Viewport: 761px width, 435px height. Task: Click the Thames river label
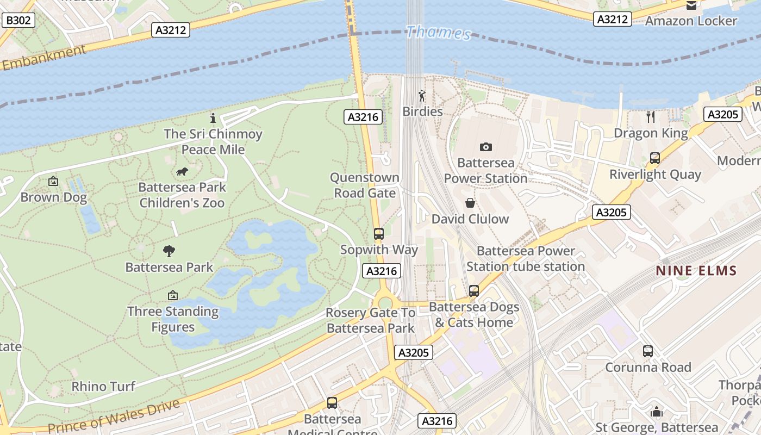click(438, 32)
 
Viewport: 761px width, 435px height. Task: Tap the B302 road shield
click(18, 21)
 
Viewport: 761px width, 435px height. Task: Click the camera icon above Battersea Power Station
click(486, 147)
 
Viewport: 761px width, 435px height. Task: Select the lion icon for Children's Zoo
click(182, 172)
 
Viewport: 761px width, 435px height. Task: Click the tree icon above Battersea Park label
click(169, 251)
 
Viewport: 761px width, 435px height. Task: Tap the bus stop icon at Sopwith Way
click(379, 234)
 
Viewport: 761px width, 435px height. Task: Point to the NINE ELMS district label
click(696, 270)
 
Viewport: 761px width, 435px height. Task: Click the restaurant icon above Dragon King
click(650, 116)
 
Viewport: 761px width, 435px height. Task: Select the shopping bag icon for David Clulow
click(470, 203)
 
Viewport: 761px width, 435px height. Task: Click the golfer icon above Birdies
click(422, 96)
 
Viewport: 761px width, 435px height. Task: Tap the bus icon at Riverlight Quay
click(655, 158)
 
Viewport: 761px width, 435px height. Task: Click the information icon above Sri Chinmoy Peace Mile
click(213, 117)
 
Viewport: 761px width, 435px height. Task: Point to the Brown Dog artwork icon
click(53, 181)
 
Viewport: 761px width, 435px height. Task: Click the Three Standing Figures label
click(173, 319)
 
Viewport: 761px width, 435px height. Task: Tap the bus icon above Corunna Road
click(647, 351)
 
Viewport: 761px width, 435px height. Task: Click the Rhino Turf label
click(103, 387)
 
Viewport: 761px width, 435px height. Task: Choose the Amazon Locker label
click(691, 21)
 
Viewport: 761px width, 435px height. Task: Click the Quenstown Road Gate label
click(365, 185)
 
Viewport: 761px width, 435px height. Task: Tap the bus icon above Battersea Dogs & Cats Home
click(474, 290)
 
